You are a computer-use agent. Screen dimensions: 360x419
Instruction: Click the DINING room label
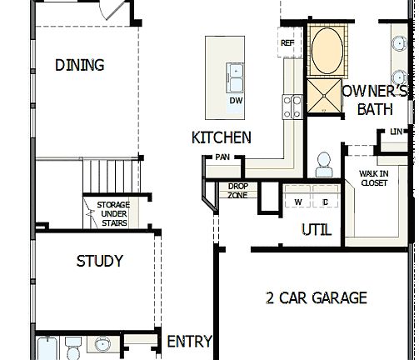tap(80, 65)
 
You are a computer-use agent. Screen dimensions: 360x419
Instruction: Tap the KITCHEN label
tap(221, 137)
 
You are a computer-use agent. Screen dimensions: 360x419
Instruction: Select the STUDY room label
tap(99, 261)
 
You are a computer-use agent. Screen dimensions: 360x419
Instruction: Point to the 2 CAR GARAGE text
tap(316, 297)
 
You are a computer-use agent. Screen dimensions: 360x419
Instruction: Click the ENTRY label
tap(189, 342)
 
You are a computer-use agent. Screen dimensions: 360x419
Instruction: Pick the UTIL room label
tap(316, 229)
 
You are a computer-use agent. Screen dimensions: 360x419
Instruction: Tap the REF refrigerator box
tap(288, 43)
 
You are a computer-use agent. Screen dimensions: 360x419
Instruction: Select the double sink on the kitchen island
tap(236, 77)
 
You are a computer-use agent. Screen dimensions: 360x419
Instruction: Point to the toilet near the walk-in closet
tap(322, 163)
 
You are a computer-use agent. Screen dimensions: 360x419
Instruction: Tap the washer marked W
tap(297, 202)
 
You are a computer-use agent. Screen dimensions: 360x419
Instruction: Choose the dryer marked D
tap(324, 202)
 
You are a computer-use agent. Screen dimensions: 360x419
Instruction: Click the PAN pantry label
tap(222, 157)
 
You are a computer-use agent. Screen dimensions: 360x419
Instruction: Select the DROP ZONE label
tap(238, 191)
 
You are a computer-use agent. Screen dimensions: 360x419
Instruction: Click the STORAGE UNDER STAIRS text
tap(112, 213)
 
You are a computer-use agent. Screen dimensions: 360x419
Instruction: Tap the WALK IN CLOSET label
tap(373, 177)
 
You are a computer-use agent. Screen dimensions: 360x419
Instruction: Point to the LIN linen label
tap(396, 132)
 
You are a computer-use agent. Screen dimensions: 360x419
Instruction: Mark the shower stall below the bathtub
tap(322, 95)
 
